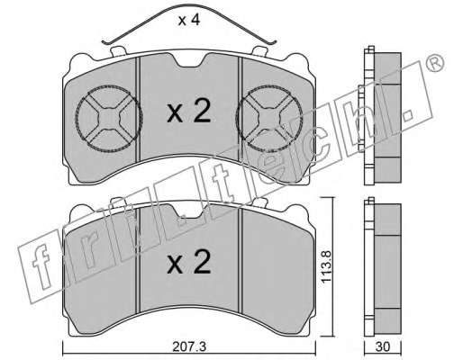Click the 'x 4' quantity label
(189, 21)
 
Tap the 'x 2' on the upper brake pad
(189, 112)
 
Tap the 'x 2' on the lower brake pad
(189, 262)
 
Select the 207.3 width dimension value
(189, 347)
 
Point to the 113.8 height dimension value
(326, 266)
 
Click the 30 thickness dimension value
(383, 347)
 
